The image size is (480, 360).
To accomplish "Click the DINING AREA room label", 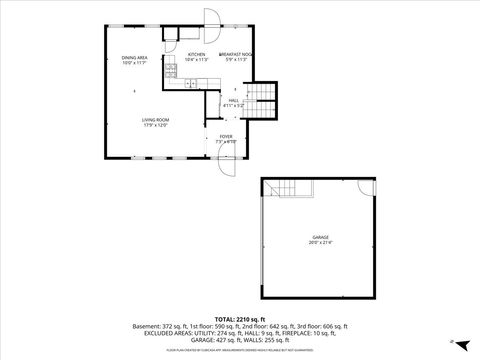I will (x=135, y=58).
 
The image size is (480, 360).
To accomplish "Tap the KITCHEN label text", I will (x=196, y=54).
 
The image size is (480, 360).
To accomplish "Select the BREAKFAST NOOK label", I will (x=235, y=54).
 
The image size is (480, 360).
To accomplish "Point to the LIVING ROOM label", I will (x=154, y=119).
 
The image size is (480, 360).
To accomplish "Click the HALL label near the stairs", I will (x=233, y=100).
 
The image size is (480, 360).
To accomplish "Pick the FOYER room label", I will (x=225, y=136).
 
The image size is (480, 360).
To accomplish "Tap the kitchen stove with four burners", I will (x=171, y=75).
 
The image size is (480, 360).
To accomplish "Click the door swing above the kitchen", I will (x=211, y=17).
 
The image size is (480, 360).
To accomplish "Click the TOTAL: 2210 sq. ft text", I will (x=240, y=318).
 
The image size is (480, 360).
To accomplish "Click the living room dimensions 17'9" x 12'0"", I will (x=154, y=125).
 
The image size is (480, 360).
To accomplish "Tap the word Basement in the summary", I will (x=146, y=326).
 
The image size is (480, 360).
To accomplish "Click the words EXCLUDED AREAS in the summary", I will (x=165, y=333).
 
